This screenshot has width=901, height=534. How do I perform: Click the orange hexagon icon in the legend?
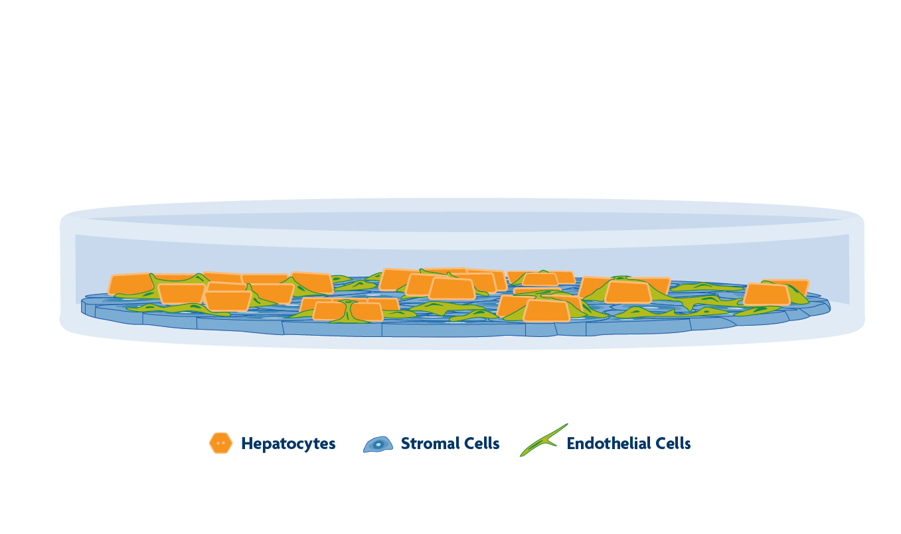click(x=221, y=443)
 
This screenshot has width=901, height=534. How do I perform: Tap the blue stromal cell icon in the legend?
click(x=378, y=444)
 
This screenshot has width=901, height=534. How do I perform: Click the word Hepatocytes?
click(x=288, y=444)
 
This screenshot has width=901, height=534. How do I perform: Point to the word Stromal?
click(x=430, y=443)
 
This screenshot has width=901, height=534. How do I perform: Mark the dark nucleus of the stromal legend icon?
click(x=378, y=445)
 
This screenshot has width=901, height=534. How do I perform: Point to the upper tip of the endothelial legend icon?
click(x=567, y=424)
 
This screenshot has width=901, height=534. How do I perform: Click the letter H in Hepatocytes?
click(x=247, y=443)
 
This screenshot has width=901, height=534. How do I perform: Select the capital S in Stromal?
click(x=406, y=443)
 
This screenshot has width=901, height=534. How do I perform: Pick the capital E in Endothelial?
click(x=571, y=443)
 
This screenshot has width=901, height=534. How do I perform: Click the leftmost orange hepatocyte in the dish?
click(x=131, y=284)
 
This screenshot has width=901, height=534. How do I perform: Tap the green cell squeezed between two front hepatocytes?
click(x=347, y=311)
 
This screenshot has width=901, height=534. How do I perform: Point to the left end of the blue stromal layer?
click(x=83, y=306)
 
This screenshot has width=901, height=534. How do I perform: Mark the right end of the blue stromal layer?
click(x=829, y=306)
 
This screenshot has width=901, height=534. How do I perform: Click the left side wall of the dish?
click(x=67, y=273)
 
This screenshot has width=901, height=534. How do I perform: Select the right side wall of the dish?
click(x=857, y=273)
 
